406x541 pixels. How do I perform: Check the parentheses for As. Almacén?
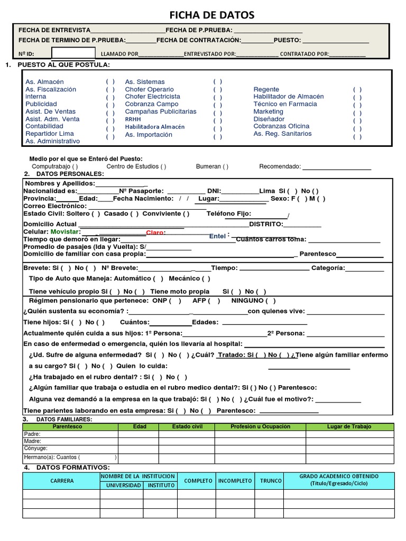pos(110,82)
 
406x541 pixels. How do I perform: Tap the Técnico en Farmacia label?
pos(285,104)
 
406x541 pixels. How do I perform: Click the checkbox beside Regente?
pos(357,90)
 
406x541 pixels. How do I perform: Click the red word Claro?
pos(155,232)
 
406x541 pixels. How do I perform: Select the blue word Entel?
pos(217,236)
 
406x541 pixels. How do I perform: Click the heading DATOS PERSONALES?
pos(70,174)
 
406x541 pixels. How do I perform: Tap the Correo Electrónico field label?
pos(55,206)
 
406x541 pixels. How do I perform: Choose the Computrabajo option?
pos(54,166)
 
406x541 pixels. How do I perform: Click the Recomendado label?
pos(280,166)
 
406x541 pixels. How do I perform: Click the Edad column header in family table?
pos(140,426)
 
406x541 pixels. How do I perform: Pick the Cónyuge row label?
pos(36,449)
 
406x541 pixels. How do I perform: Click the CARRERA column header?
pos(62,481)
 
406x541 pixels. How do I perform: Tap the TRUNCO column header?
pos(271,481)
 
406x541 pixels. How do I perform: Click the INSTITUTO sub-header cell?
pos(161,485)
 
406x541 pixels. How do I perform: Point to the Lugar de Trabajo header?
pos(349,426)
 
